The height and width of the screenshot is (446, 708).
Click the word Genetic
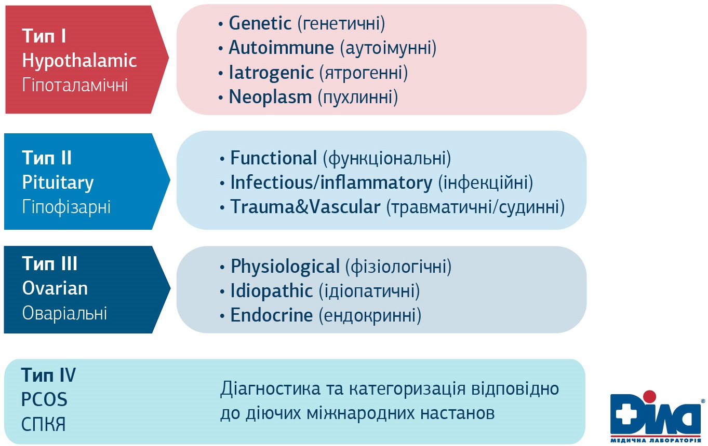point(260,23)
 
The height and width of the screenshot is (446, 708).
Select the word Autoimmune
point(282,48)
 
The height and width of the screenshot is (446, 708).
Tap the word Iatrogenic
point(271,73)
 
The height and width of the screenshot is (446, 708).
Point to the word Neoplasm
point(270,96)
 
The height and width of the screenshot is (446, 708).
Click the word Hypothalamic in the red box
point(79,61)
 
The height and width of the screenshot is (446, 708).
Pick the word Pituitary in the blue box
point(58,183)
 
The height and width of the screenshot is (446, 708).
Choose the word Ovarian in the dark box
point(55,288)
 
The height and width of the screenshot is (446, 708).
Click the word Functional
point(273,158)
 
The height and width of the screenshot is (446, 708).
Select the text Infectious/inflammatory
point(331,183)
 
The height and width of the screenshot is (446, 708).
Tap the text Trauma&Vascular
point(305,207)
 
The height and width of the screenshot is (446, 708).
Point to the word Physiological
point(285,267)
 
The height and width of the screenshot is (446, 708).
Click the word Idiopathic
point(272,291)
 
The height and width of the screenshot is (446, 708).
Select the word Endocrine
point(272,315)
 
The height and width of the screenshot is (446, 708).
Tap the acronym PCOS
point(44,400)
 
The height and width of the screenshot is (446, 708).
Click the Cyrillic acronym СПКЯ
point(43,424)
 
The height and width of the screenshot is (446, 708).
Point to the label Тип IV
point(48,375)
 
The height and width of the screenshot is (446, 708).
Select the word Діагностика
point(270,389)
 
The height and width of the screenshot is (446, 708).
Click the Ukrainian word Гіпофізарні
point(66,207)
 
